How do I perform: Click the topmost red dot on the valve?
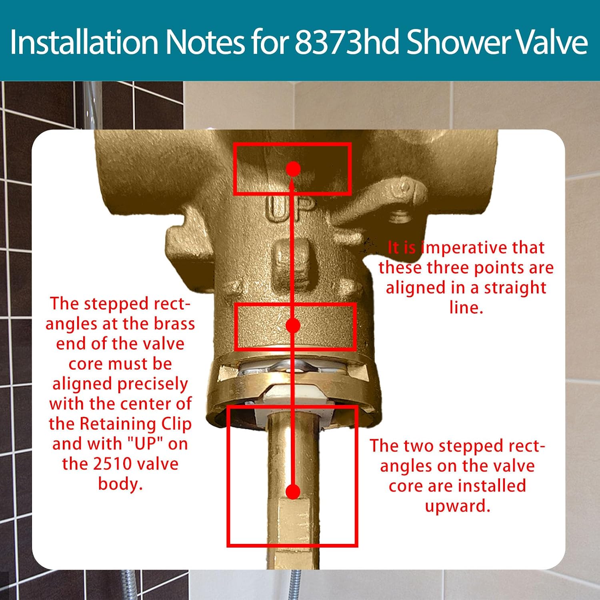pyautogui.click(x=293, y=169)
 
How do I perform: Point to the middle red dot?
pyautogui.click(x=293, y=326)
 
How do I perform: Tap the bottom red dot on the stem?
pyautogui.click(x=293, y=492)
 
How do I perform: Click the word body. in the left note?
pyautogui.click(x=120, y=484)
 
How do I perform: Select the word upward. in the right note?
pyautogui.click(x=458, y=506)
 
